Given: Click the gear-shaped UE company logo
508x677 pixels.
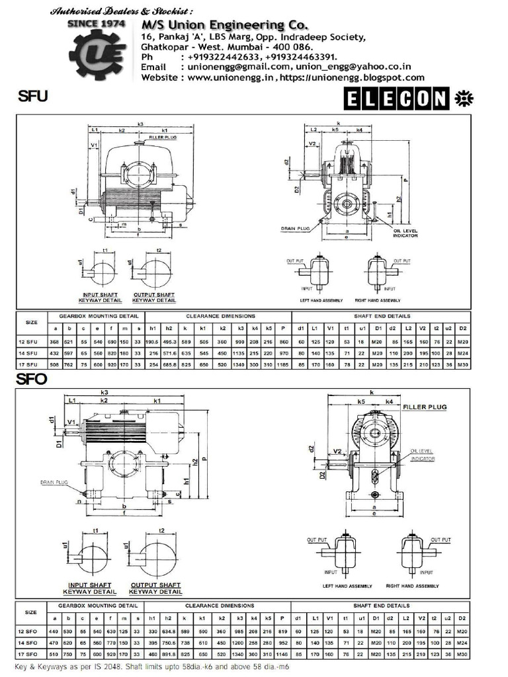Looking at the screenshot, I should [99, 52].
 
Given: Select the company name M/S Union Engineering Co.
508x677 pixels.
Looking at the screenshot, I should [224, 24].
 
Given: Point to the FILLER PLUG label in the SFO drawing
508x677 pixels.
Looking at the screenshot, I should [425, 407].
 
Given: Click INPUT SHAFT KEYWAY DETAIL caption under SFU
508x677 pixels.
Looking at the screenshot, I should [101, 298].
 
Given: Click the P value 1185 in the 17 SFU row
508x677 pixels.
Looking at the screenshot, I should [284, 364].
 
